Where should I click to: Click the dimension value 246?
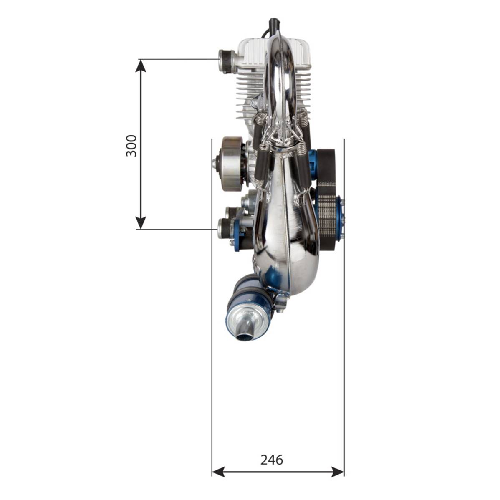pyautogui.click(x=272, y=460)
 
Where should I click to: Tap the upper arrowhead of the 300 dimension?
pyautogui.click(x=141, y=66)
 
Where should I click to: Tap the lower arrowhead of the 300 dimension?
pyautogui.click(x=141, y=223)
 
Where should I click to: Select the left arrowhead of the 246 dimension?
pyautogui.click(x=218, y=472)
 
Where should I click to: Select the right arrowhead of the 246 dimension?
pyautogui.click(x=338, y=472)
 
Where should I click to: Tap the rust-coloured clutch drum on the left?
pyautogui.click(x=232, y=164)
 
